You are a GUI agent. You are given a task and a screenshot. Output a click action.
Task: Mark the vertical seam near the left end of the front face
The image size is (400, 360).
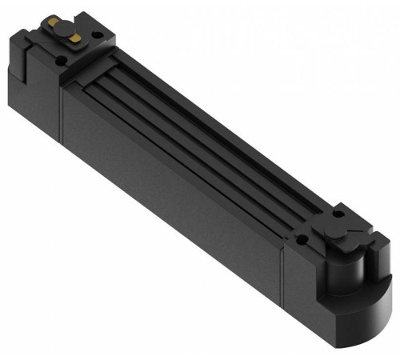coord(63,112)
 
